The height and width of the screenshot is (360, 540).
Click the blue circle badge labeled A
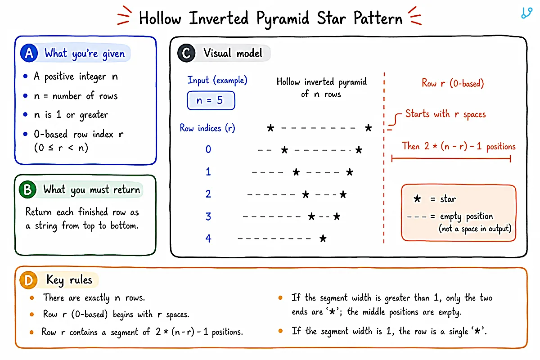point(29,53)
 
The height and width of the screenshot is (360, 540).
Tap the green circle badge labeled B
point(28,189)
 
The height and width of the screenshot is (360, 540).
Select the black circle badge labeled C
point(186,53)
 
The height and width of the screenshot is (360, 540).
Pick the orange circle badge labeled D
point(28,280)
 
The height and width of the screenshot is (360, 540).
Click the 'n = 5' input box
point(211,100)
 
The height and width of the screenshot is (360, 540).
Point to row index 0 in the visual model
point(208,149)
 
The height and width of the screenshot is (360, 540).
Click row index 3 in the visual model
point(208,216)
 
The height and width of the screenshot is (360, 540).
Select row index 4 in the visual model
point(208,238)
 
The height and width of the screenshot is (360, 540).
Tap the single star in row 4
point(323,238)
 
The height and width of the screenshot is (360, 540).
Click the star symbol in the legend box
point(417,199)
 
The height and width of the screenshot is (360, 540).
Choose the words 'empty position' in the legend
point(467,216)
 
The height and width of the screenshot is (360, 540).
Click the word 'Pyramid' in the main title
point(283,19)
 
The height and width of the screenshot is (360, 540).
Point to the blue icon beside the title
point(527,13)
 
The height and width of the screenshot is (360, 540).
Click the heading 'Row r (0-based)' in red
point(453,83)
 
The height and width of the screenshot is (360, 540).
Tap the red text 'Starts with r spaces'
point(445,114)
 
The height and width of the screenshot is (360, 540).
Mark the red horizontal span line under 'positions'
point(451,158)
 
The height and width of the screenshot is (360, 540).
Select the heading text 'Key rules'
point(69,280)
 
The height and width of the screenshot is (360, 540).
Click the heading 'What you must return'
point(92,190)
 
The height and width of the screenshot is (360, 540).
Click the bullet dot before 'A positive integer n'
point(25,76)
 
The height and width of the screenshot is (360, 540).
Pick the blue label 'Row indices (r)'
point(207,128)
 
